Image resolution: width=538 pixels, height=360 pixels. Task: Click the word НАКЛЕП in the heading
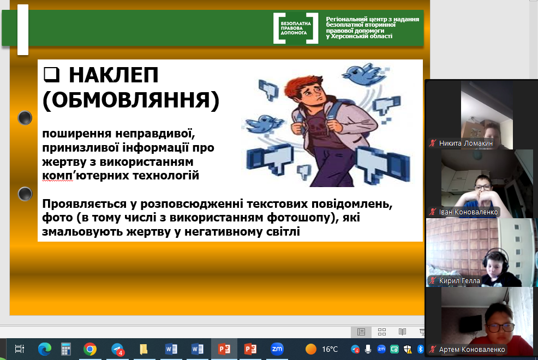113,75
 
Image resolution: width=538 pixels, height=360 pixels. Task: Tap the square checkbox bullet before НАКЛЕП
51,75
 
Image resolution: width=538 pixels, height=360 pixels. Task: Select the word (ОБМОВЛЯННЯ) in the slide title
131,100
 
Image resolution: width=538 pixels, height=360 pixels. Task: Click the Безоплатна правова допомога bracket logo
296,28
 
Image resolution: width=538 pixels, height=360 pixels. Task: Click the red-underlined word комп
57,176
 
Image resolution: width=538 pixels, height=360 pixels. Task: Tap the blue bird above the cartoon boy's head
362,74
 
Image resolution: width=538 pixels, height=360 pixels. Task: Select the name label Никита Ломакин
465,143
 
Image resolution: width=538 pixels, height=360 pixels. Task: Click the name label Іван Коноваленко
468,212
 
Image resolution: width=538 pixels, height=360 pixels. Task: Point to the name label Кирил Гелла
459,281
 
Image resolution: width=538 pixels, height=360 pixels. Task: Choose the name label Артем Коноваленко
472,350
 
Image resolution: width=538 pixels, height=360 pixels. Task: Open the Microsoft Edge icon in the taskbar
45,349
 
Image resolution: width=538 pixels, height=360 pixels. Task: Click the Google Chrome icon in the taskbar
90,349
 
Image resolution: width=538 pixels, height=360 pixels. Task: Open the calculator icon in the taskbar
66,349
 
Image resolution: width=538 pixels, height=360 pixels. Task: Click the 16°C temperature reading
330,350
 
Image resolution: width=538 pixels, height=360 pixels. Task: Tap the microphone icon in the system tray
368,349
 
